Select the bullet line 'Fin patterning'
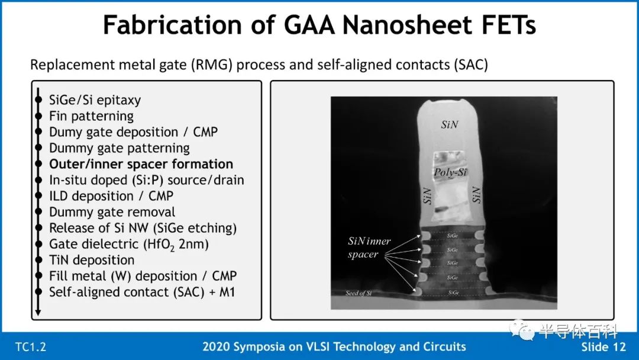tap(91, 116)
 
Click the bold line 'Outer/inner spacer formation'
tap(141, 164)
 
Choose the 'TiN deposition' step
tap(92, 260)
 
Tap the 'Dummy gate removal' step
tap(112, 212)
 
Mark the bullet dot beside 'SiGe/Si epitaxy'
tap(38, 100)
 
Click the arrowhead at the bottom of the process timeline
tap(38, 313)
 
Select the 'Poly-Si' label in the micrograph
tap(450, 172)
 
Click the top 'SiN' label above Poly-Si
tap(450, 124)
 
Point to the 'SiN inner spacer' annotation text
tap(369, 247)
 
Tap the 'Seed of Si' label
tap(358, 292)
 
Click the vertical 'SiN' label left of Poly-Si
tap(427, 196)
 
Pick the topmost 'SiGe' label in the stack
tap(453, 236)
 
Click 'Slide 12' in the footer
tap(603, 347)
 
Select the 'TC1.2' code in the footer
tap(31, 347)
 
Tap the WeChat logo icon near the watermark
tap(522, 329)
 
